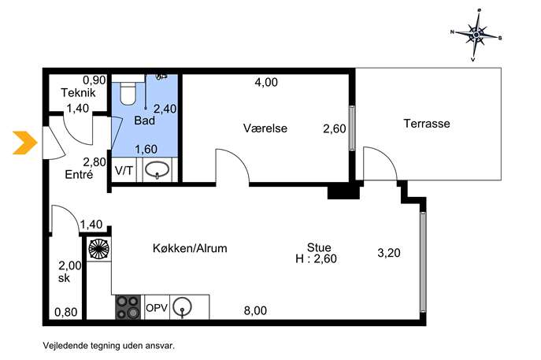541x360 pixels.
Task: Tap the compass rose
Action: click(476, 35)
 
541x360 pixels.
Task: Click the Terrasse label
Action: click(427, 123)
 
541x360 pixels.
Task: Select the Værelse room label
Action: click(265, 128)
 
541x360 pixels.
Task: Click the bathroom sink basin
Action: click(157, 170)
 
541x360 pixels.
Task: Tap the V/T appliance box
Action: click(124, 170)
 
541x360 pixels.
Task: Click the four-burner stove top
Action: click(128, 307)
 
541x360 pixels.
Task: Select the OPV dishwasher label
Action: click(157, 307)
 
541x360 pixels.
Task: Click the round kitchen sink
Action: click(182, 306)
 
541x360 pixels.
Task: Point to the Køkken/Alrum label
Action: click(190, 248)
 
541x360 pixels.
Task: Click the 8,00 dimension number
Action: click(255, 310)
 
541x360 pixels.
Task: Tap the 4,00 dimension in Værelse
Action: click(266, 82)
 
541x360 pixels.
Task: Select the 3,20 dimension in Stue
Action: click(389, 253)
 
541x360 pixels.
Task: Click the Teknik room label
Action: click(78, 92)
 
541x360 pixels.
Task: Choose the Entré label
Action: click(79, 174)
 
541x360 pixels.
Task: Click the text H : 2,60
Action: click(316, 258)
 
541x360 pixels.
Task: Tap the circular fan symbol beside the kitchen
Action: click(99, 249)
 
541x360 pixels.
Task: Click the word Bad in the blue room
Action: click(145, 121)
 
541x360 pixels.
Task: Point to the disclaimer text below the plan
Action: click(109, 346)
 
